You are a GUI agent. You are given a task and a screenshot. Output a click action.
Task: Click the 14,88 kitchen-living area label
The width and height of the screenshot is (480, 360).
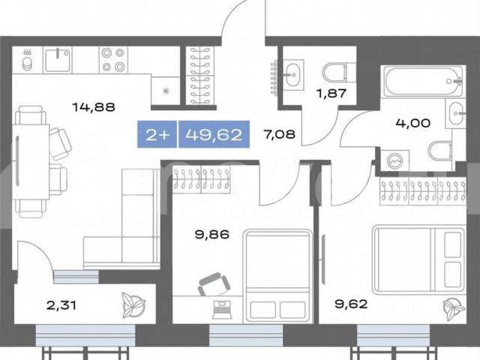pyautogui.click(x=94, y=107)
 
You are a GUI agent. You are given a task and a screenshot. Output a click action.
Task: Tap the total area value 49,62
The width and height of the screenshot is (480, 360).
pyautogui.click(x=214, y=134)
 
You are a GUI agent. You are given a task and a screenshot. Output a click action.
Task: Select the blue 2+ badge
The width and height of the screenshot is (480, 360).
pyautogui.click(x=157, y=134)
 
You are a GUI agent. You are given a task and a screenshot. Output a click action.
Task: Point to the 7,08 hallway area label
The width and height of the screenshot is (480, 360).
pyautogui.click(x=280, y=134)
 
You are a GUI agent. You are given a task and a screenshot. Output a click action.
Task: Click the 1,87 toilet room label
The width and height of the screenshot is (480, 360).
pyautogui.click(x=331, y=93)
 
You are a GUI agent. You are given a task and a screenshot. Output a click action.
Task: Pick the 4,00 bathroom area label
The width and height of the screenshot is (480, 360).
pyautogui.click(x=413, y=123)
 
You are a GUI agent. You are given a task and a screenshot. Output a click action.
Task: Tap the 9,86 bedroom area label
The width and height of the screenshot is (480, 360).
pyautogui.click(x=212, y=235)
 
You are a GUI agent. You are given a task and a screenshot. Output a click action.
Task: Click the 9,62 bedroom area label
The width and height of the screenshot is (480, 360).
pyautogui.click(x=351, y=304)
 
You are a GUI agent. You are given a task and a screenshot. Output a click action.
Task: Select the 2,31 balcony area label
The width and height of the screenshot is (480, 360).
pyautogui.click(x=61, y=305)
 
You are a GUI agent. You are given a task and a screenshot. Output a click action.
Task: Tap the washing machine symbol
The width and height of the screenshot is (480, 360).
pyautogui.click(x=394, y=160)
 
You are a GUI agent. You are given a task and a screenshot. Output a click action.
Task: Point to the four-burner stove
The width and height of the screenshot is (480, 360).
pyautogui.click(x=113, y=60)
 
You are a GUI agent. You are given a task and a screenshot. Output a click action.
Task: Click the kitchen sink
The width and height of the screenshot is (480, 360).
pyautogui.click(x=58, y=60)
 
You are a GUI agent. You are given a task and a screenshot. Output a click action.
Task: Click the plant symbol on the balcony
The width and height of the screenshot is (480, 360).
pyautogui.click(x=133, y=305)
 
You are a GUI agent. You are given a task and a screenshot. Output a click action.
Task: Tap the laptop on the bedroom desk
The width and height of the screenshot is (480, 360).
pyautogui.click(x=221, y=310)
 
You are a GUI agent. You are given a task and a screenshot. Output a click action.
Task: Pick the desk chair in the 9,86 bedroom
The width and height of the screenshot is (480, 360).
pyautogui.click(x=214, y=284)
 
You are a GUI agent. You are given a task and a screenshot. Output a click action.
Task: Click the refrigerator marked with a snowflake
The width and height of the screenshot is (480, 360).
pyautogui.click(x=166, y=91)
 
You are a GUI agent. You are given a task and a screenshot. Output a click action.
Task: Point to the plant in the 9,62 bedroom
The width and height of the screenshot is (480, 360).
pyautogui.click(x=454, y=308)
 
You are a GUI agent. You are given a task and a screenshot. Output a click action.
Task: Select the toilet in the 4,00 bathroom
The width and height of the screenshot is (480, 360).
pyautogui.click(x=440, y=151)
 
